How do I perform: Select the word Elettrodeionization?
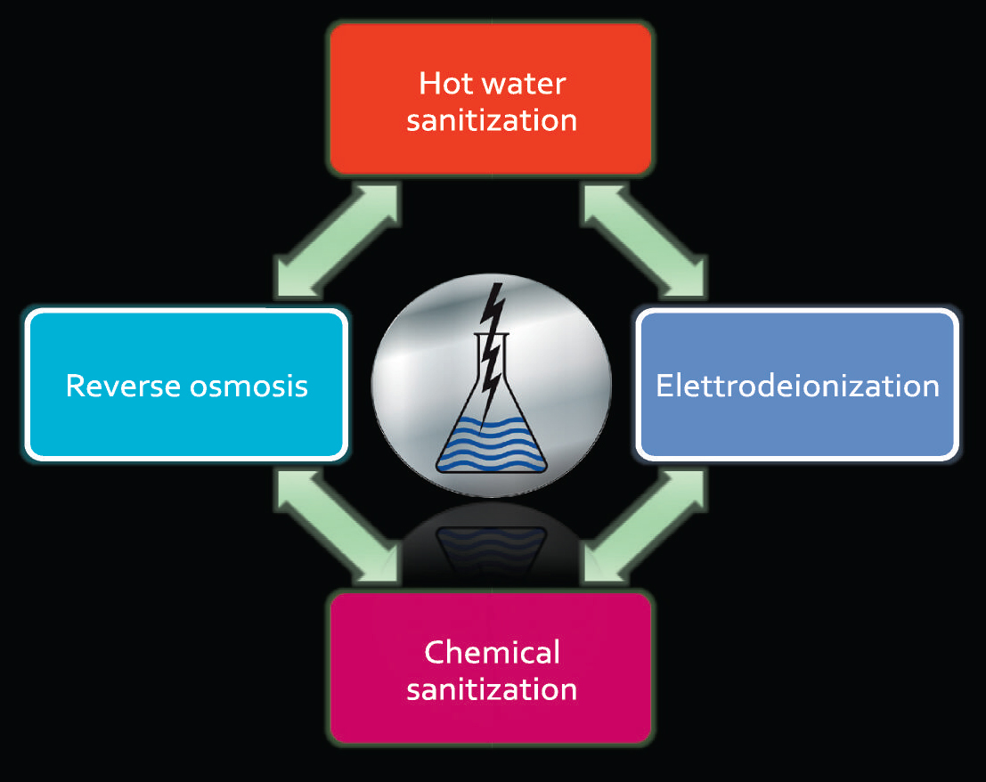click(797, 386)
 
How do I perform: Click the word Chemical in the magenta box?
click(492, 652)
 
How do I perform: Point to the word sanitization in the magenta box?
click(492, 689)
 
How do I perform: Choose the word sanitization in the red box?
click(492, 120)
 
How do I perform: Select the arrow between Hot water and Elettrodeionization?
click(644, 241)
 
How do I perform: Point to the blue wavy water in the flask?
click(491, 442)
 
